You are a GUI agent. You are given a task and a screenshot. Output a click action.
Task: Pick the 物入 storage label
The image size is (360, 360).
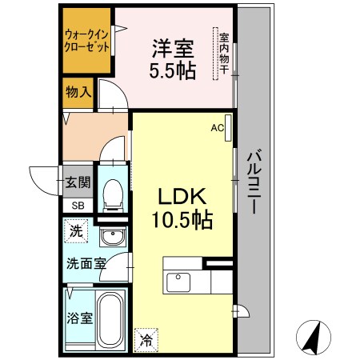(78, 93)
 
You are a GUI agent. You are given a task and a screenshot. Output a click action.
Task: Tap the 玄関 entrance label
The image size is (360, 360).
(78, 182)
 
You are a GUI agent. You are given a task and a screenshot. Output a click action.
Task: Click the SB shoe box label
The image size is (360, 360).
(78, 206)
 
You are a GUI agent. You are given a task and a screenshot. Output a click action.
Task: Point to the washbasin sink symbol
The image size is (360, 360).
(113, 237)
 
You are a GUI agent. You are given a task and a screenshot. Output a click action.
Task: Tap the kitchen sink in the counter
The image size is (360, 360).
(176, 282)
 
